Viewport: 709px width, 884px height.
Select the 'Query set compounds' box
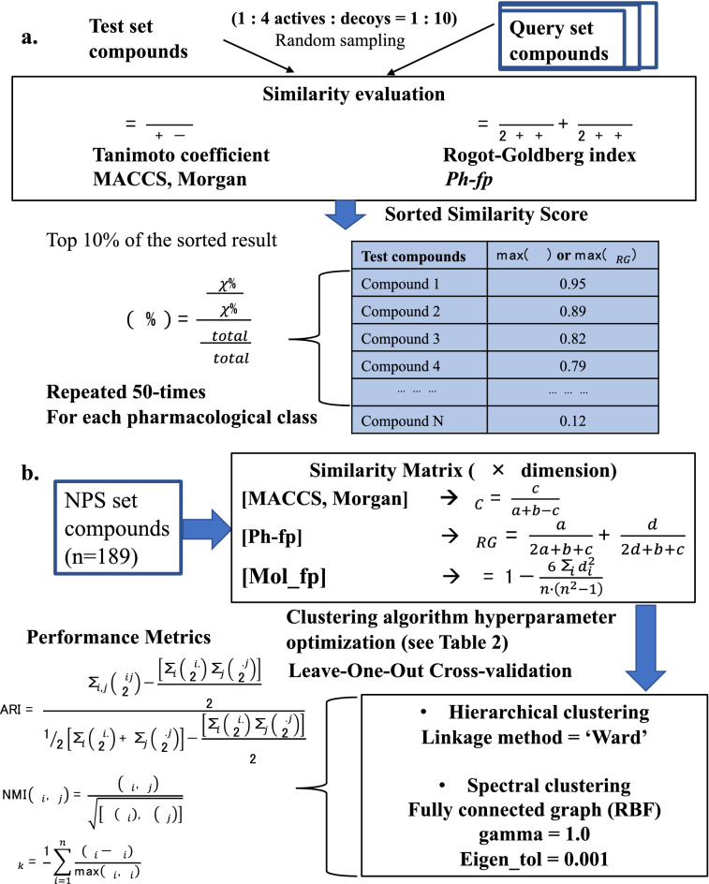click(585, 37)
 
